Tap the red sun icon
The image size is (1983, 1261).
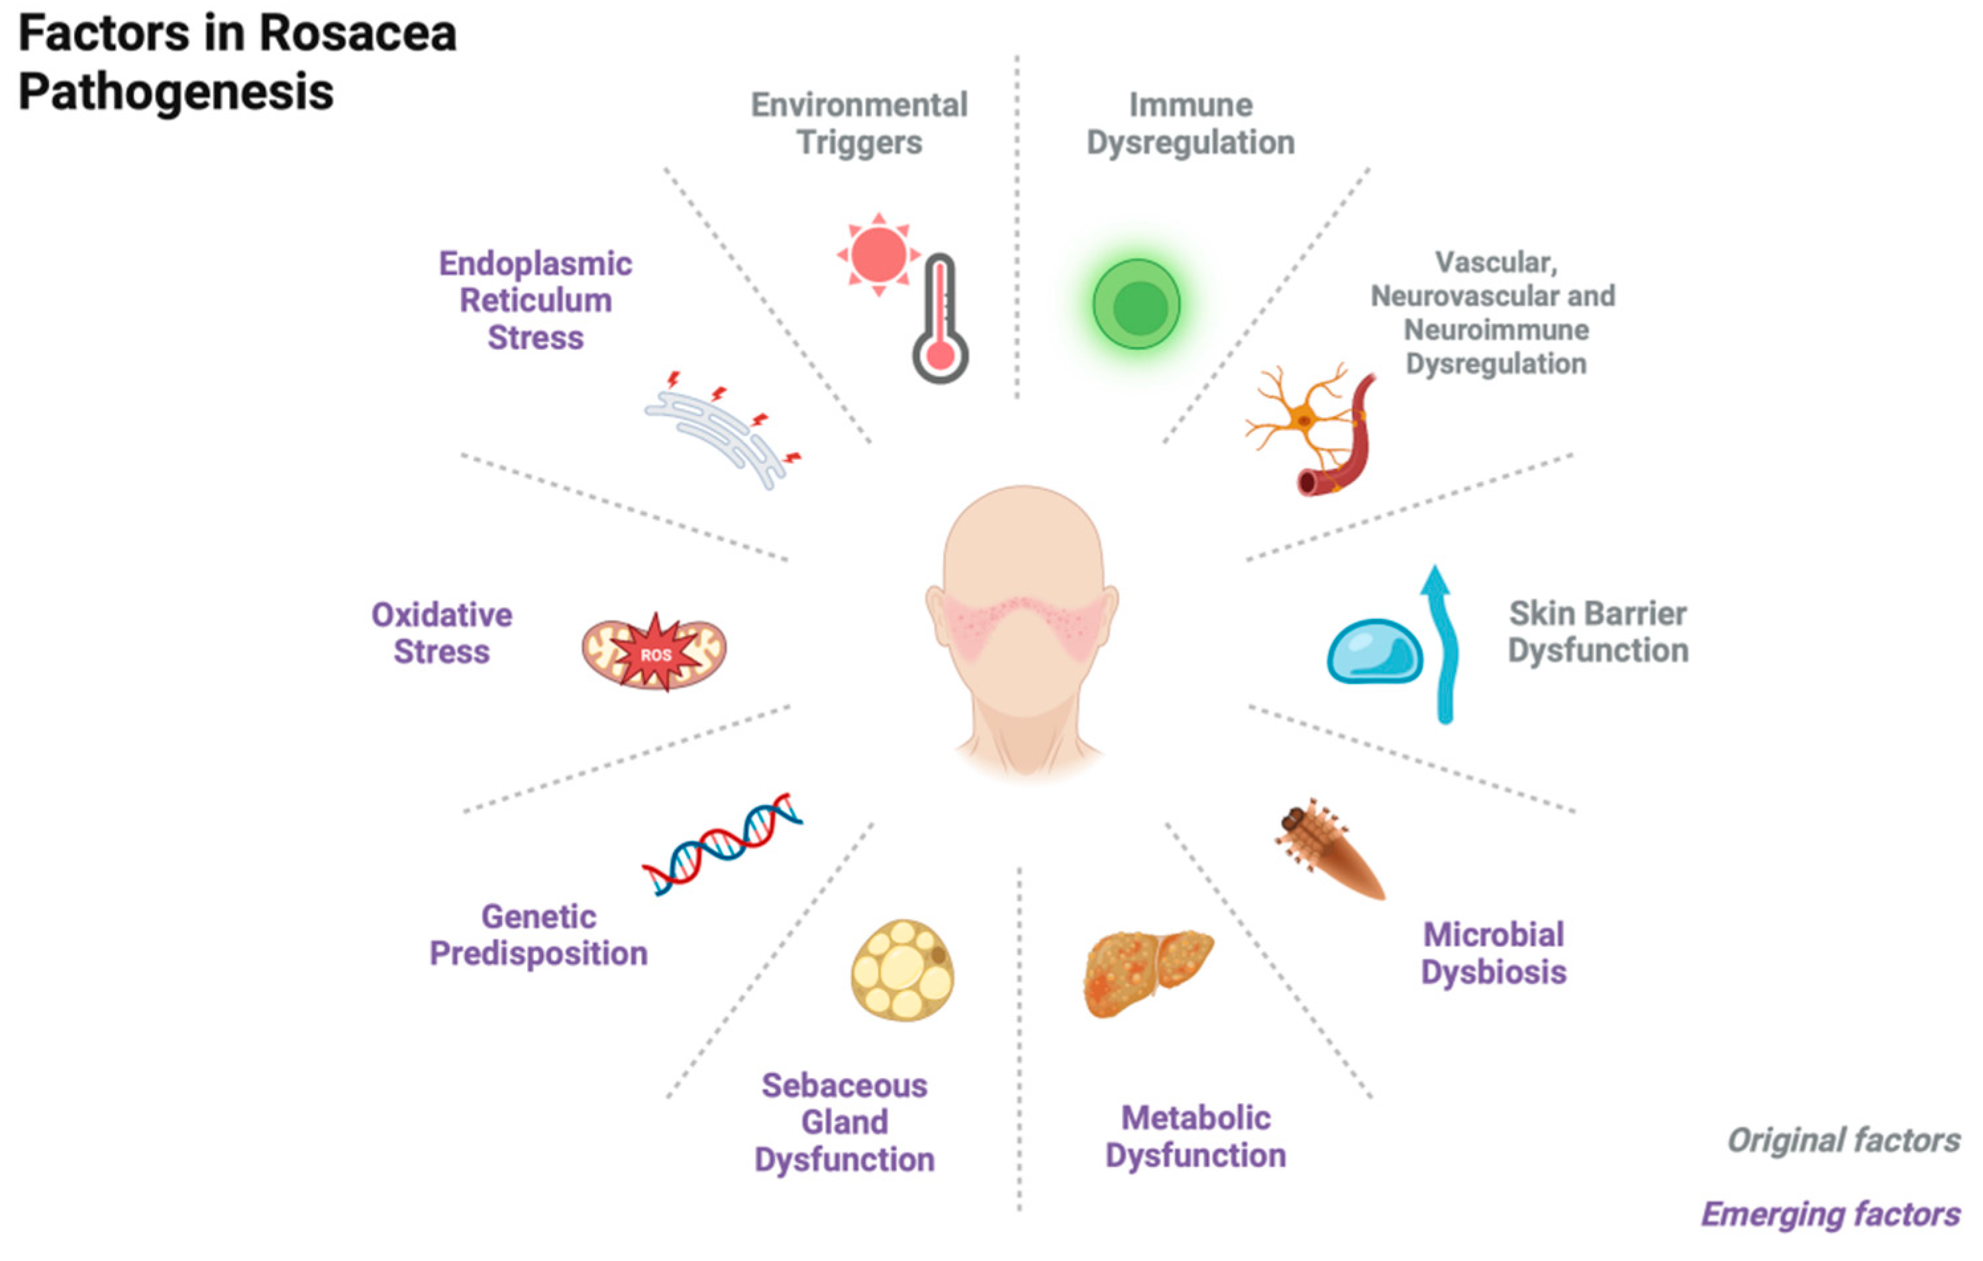click(878, 254)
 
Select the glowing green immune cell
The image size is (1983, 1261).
click(1137, 305)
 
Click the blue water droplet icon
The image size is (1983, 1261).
click(1374, 651)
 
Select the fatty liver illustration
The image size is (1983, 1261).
click(1146, 973)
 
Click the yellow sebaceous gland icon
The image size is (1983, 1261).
click(903, 970)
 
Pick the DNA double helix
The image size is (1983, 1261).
click(722, 844)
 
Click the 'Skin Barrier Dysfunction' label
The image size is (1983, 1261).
click(1598, 631)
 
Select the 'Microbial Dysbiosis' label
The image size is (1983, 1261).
click(1493, 953)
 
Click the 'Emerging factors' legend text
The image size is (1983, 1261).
click(1830, 1214)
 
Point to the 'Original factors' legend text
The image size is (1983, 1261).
click(1843, 1140)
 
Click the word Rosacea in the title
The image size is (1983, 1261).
click(358, 34)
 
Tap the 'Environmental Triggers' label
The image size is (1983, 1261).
click(859, 123)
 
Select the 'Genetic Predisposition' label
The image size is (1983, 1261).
click(538, 935)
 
